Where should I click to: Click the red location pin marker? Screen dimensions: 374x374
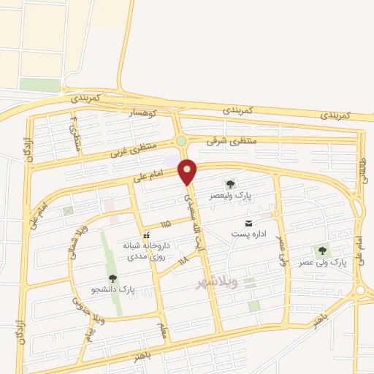[188, 171]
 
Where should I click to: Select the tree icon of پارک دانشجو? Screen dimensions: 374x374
[112, 278]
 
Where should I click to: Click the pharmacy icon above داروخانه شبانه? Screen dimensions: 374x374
[146, 236]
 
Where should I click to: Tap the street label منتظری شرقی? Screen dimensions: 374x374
[228, 142]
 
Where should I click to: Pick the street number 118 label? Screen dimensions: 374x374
[183, 259]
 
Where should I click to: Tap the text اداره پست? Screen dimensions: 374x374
[248, 234]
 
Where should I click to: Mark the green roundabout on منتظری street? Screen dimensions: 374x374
[180, 141]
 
